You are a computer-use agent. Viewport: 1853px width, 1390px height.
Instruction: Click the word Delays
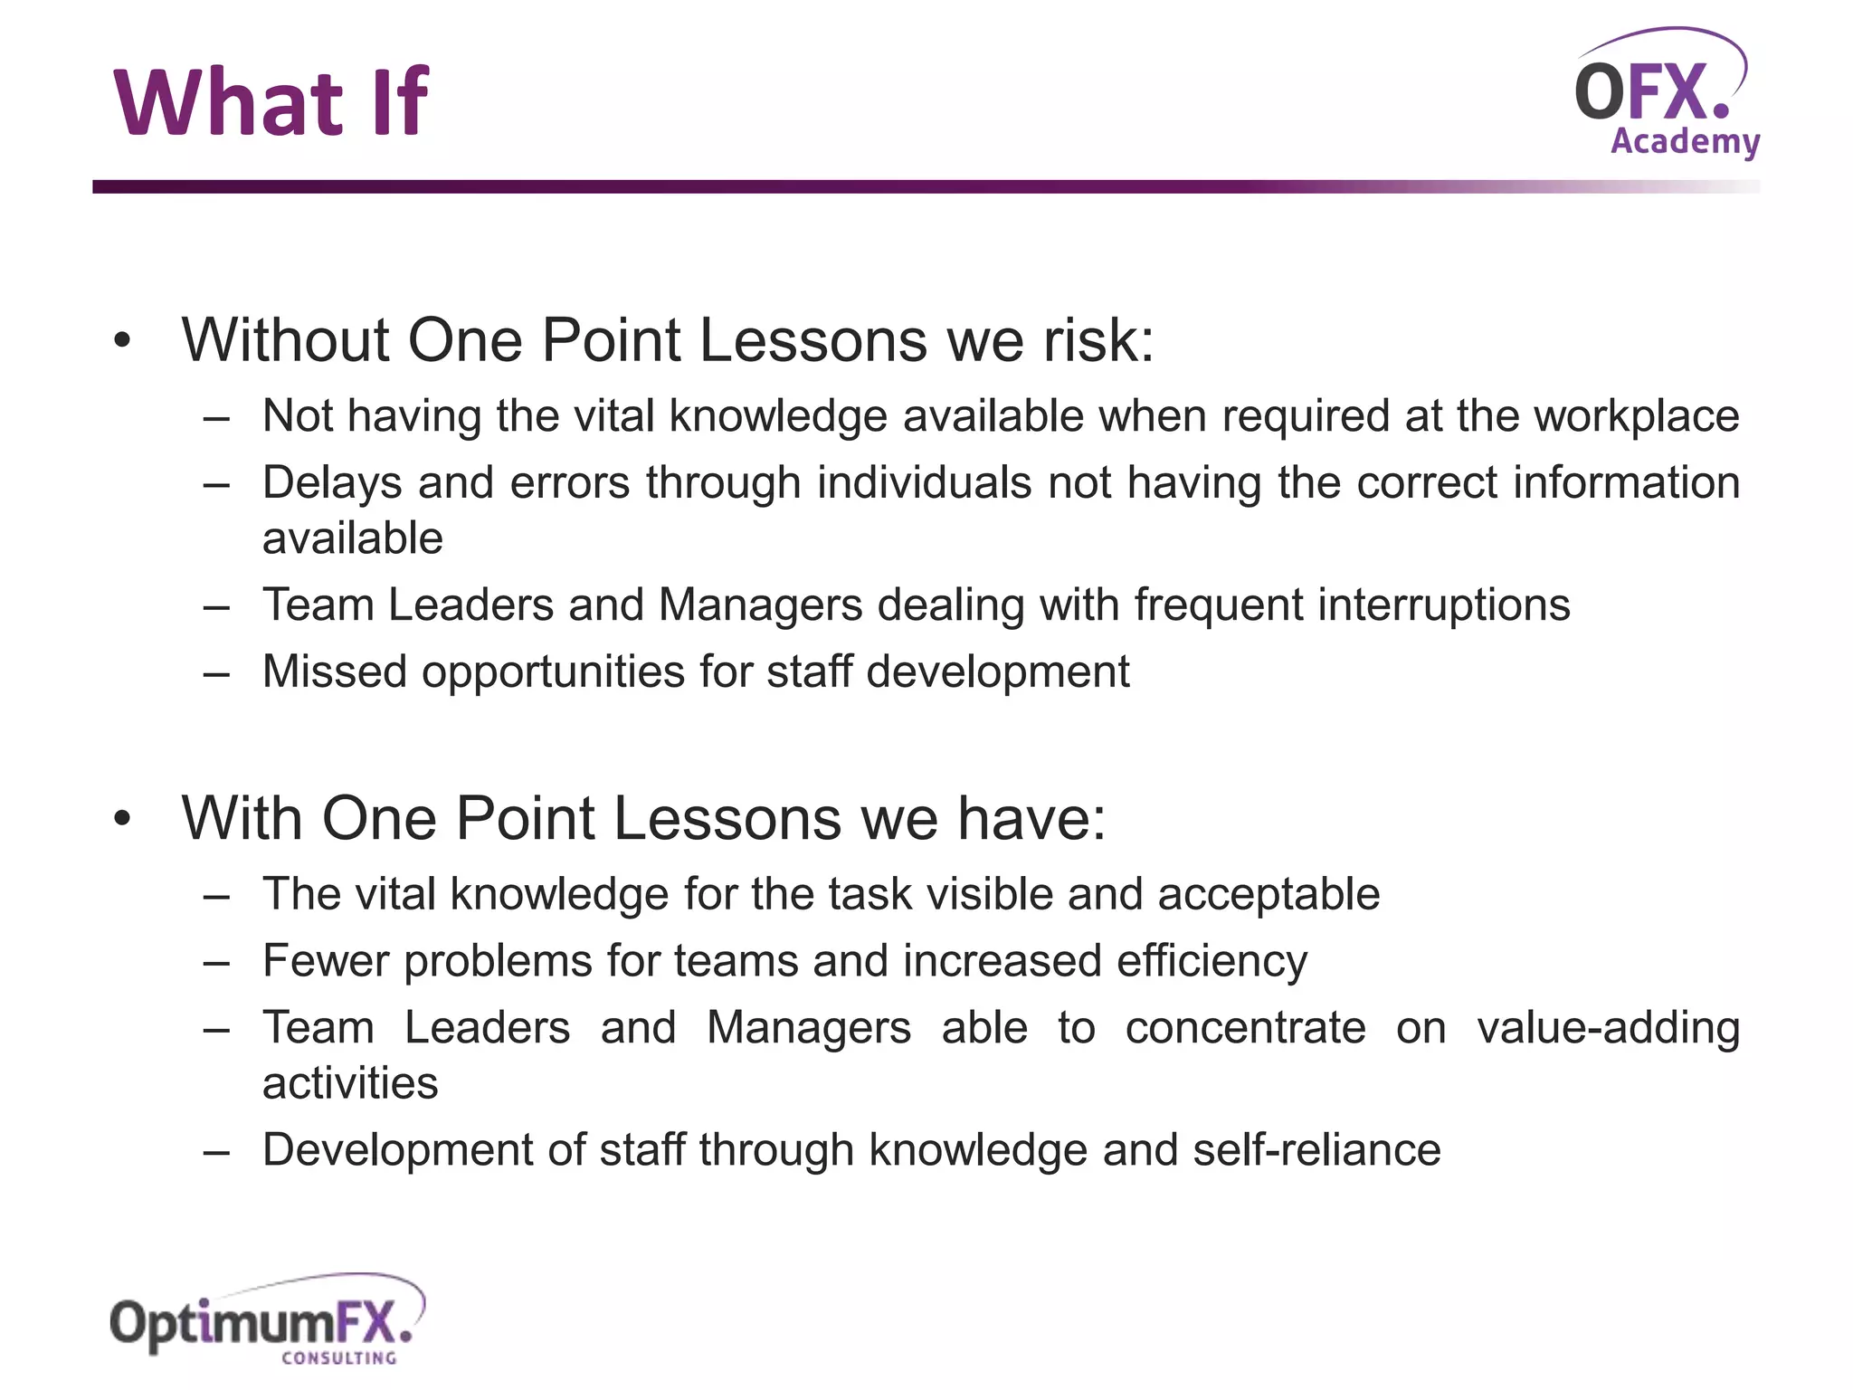coord(332,482)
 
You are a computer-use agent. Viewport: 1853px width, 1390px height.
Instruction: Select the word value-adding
coord(1608,1028)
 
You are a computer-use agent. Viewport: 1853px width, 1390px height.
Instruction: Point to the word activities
coord(350,1083)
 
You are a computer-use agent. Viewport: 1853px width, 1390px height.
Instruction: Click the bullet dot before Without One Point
coord(122,342)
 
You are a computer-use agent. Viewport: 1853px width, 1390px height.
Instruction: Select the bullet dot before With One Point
coord(122,820)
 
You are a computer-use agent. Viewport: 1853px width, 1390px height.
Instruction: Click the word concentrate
coord(1245,1028)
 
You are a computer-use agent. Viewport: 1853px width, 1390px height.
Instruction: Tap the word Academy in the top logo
coord(1685,142)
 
